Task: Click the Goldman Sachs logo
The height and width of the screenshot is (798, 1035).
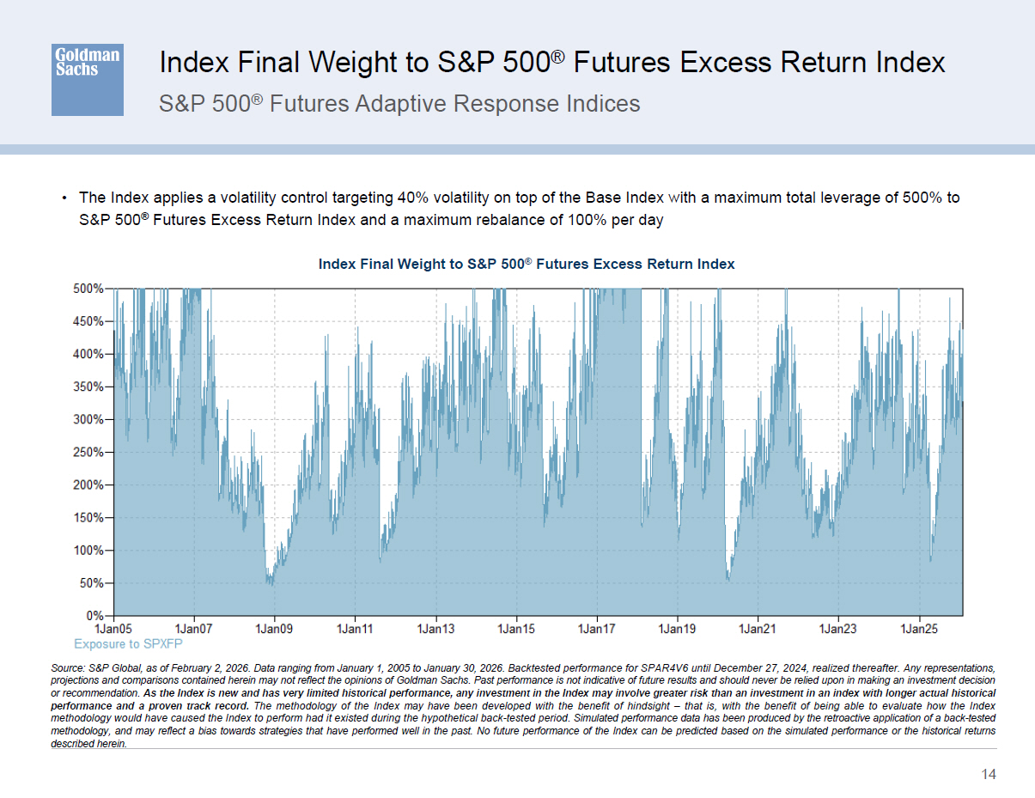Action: tap(87, 79)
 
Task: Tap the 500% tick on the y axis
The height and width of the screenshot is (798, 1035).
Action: tap(88, 289)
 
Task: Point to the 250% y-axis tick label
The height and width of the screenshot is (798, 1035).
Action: tap(88, 452)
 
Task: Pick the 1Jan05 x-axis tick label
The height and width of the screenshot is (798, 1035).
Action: tap(113, 630)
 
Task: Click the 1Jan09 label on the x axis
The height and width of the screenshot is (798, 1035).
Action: tap(275, 630)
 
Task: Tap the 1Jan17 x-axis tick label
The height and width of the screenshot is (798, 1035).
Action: tap(597, 630)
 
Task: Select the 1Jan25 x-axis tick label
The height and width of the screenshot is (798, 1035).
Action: tap(919, 630)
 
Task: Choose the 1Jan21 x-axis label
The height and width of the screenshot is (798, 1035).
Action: tap(758, 630)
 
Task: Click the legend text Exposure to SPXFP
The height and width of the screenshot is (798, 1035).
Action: tap(128, 643)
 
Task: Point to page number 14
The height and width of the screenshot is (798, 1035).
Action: tap(989, 775)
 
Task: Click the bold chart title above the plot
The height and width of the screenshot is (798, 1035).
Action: tap(527, 264)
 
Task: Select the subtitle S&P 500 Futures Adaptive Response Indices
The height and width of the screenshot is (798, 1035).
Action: tap(399, 104)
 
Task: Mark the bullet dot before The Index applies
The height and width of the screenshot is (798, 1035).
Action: tap(64, 198)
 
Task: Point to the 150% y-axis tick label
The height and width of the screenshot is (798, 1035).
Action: tap(88, 518)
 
